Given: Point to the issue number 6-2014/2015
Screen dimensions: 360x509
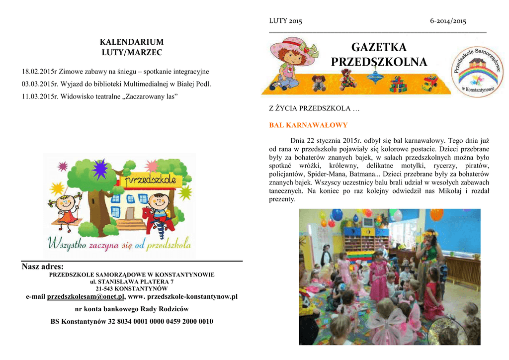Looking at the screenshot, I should tap(448, 21).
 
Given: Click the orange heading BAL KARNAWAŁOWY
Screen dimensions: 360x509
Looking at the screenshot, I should tap(308, 125).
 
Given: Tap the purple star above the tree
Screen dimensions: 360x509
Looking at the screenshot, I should tap(100, 169).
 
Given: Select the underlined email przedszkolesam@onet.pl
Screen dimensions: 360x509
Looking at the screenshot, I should tap(85, 297).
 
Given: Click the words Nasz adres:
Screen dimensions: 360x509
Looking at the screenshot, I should tap(43, 267).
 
